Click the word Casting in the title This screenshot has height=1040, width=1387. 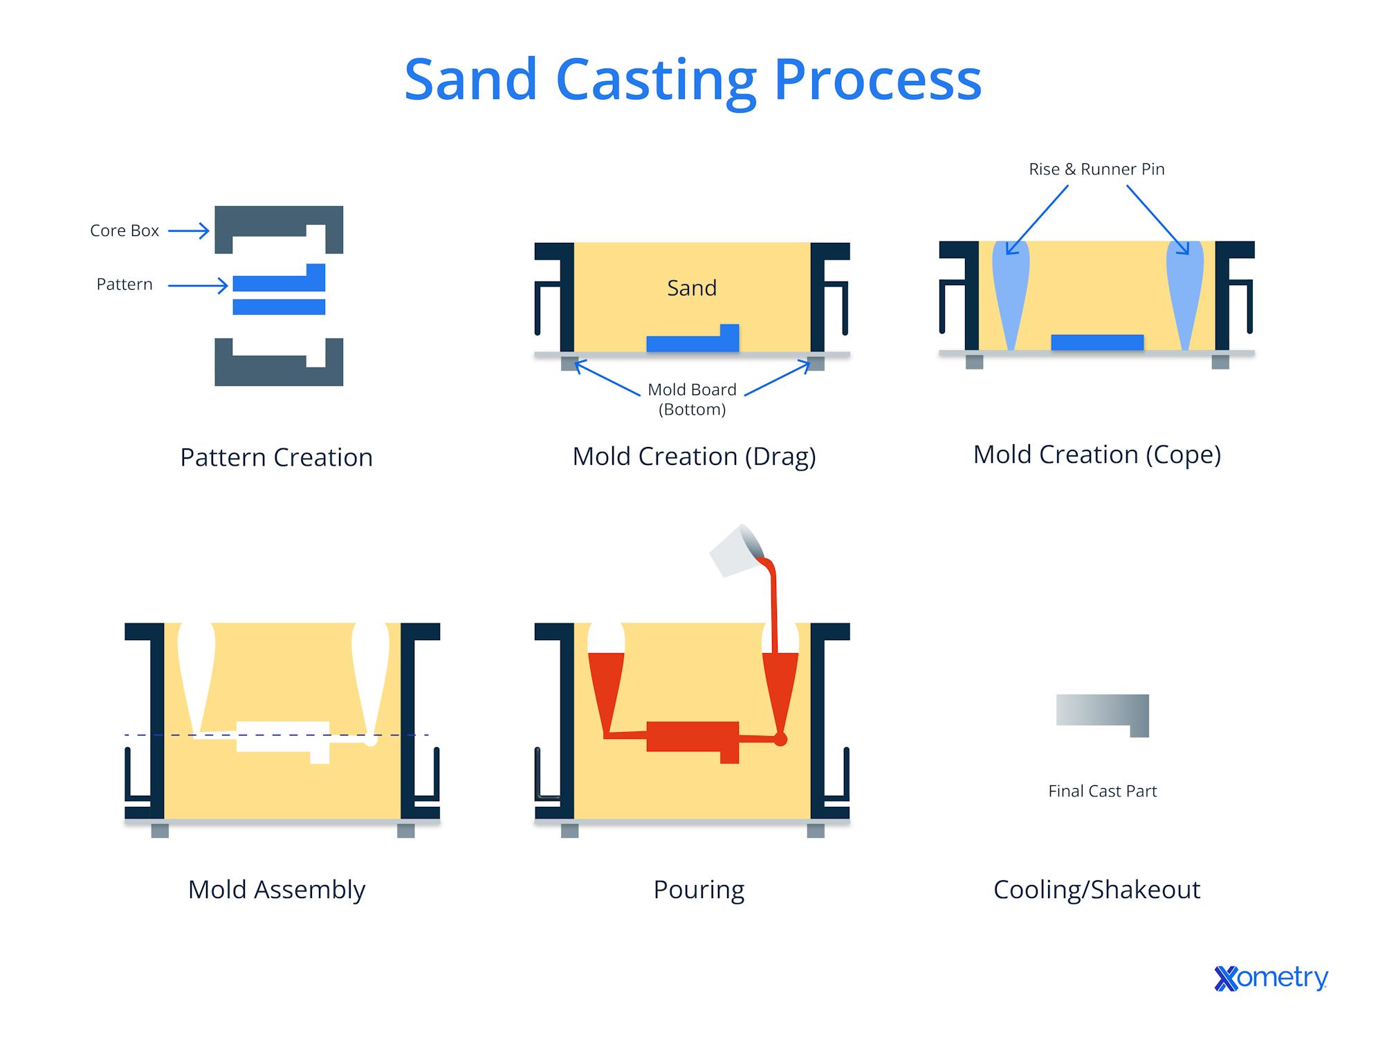655,81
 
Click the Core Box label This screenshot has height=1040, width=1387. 125,230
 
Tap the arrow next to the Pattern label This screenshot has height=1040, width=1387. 199,285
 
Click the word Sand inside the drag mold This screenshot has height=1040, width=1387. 691,288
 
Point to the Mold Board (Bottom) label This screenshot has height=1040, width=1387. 692,399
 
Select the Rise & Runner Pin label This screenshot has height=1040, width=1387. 1096,170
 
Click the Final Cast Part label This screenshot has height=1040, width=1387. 1102,791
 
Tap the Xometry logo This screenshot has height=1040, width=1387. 1271,978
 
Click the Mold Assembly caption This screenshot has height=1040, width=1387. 277,890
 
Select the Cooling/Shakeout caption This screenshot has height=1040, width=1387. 1096,890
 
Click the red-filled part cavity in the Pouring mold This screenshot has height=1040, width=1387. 692,736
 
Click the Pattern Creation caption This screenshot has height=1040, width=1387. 277,457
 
